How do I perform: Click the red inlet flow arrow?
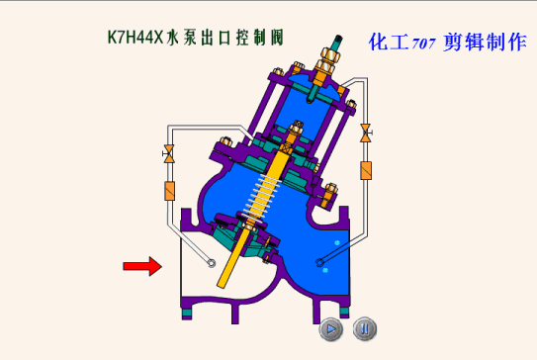142,266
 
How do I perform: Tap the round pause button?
365,329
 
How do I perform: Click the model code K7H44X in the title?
135,37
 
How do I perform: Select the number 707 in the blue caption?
423,44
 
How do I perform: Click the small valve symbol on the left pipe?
168,153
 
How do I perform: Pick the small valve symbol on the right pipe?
366,133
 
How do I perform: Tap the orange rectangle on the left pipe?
170,191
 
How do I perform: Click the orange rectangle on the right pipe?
366,170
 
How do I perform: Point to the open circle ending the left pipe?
212,263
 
